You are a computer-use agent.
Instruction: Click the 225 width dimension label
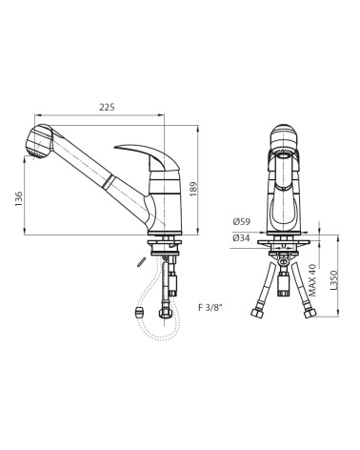(x=107, y=108)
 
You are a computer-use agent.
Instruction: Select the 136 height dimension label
(x=19, y=199)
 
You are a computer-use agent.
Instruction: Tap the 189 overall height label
(x=193, y=189)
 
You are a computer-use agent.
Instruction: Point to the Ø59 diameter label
(x=241, y=221)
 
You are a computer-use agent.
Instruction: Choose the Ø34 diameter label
(x=241, y=237)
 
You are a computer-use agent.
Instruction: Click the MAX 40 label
(x=313, y=280)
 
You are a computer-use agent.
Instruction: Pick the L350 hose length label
(x=333, y=280)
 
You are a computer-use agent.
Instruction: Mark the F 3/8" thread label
(x=209, y=308)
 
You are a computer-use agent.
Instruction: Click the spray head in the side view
(x=39, y=141)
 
